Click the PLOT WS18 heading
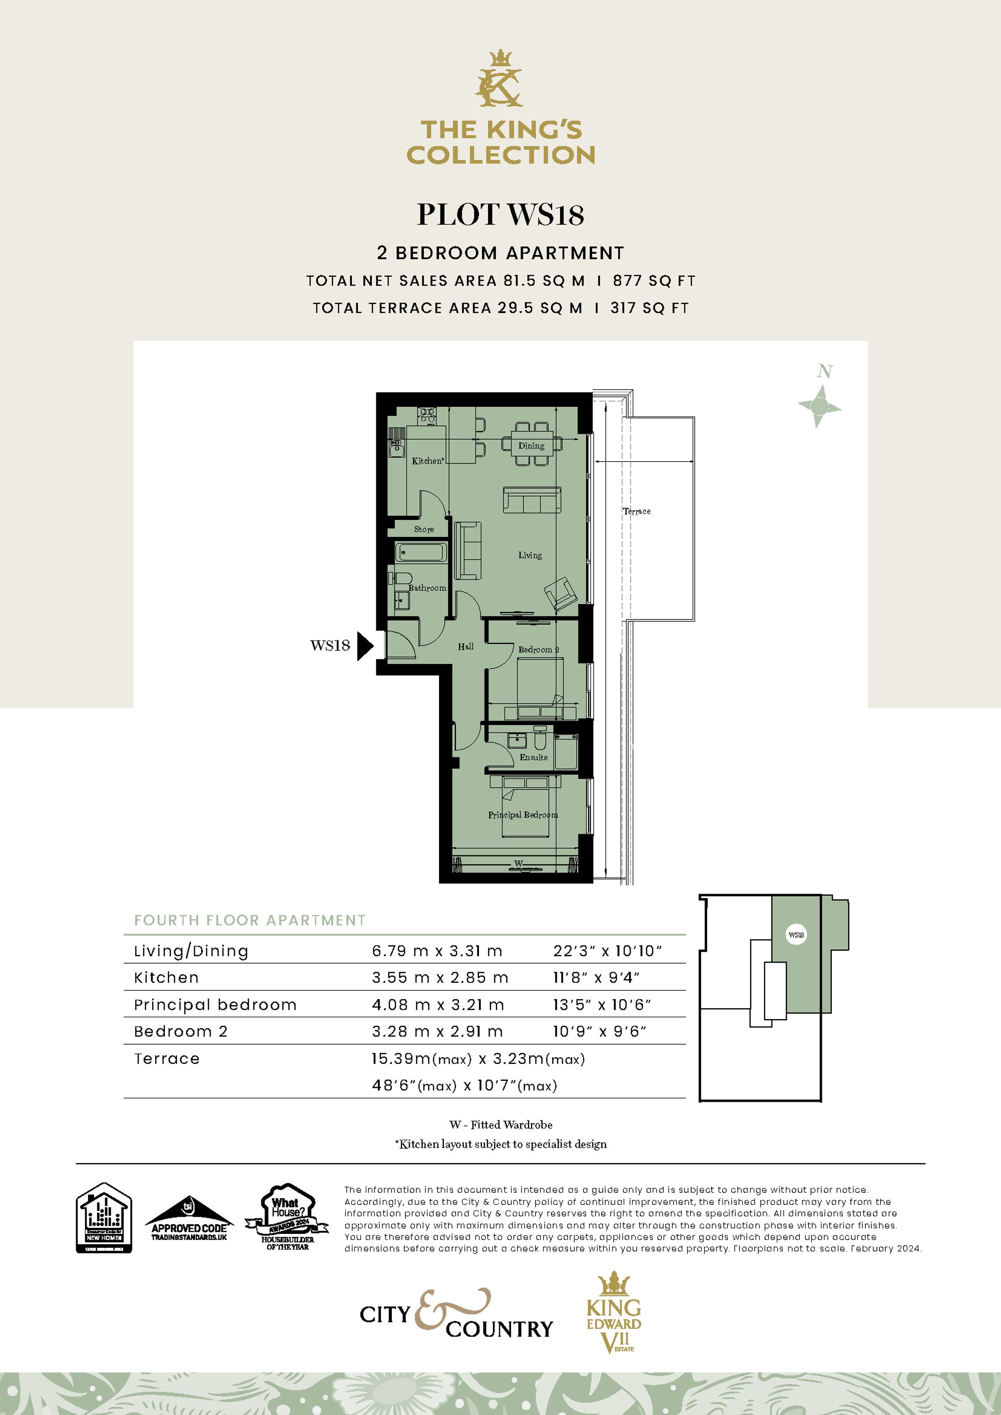pyautogui.click(x=500, y=215)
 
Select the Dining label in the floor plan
pyautogui.click(x=531, y=446)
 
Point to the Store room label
pyautogui.click(x=423, y=529)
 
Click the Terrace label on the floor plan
pyautogui.click(x=636, y=511)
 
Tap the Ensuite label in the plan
pyautogui.click(x=533, y=758)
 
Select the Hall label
pyautogui.click(x=465, y=646)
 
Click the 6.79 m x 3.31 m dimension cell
pyautogui.click(x=436, y=951)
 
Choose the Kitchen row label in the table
pyautogui.click(x=167, y=978)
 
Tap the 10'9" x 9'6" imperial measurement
pyautogui.click(x=599, y=1032)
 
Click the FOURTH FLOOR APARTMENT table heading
pyautogui.click(x=250, y=921)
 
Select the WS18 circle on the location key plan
pyautogui.click(x=796, y=935)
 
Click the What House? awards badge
pyautogui.click(x=287, y=1218)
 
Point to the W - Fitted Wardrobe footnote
pyautogui.click(x=500, y=1125)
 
